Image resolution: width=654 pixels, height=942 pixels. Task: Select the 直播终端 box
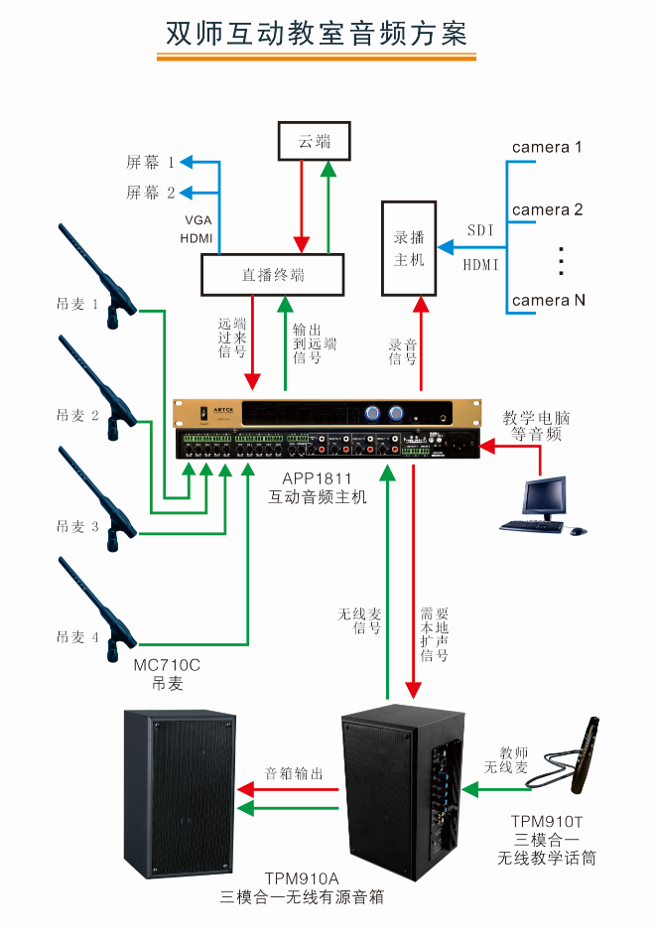tap(273, 275)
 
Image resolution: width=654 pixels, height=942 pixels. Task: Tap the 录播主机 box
tap(409, 248)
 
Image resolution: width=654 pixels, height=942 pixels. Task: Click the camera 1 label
tap(547, 148)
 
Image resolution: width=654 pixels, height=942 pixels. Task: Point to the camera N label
tap(547, 300)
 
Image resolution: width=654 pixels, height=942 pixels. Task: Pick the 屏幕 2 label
tap(150, 193)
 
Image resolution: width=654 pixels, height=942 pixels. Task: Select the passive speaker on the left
tap(180, 794)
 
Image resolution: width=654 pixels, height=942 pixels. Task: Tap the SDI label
tap(482, 230)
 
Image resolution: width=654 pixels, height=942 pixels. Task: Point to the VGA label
tap(197, 219)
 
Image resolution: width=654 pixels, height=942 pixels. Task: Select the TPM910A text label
tap(302, 879)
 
